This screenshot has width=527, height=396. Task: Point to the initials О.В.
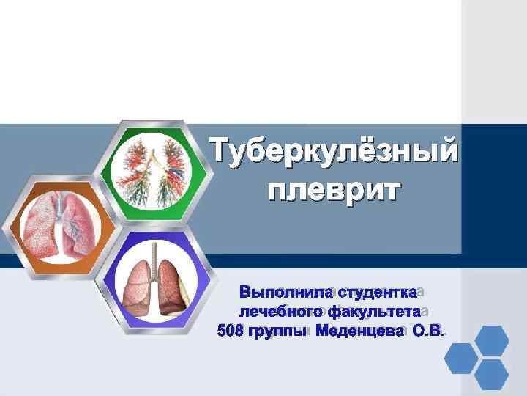click(428, 333)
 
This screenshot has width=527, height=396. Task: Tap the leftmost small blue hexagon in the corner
click(460, 359)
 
